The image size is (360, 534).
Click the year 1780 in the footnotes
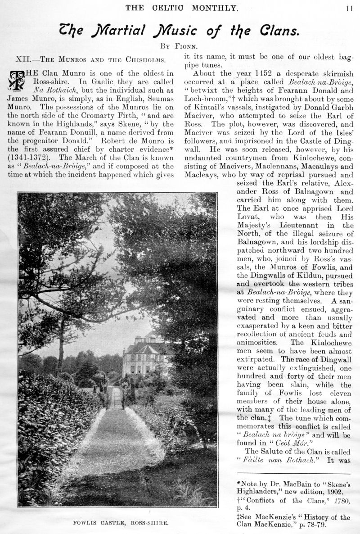pos(342,501)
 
